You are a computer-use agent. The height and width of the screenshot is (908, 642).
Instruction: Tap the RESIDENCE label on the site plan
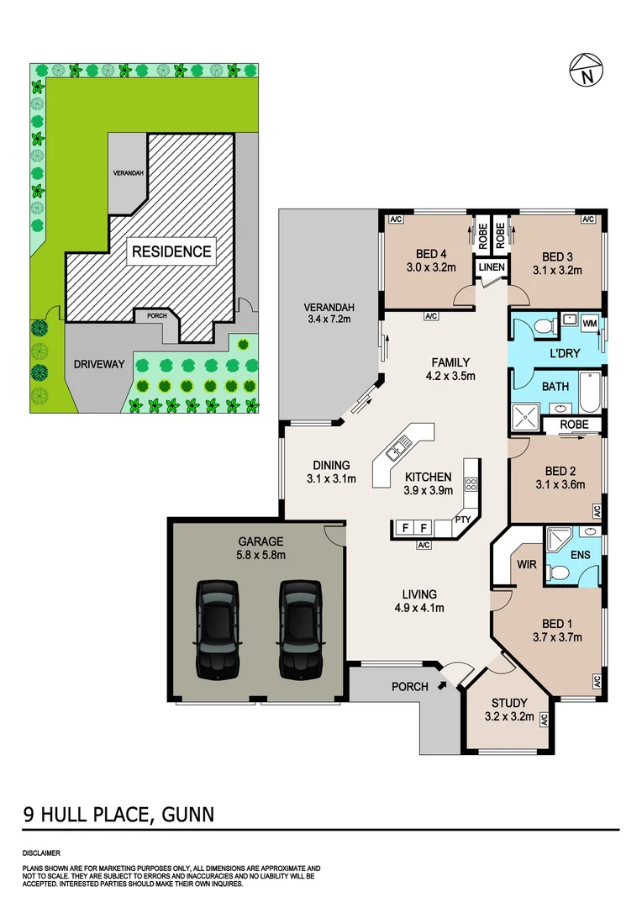click(x=170, y=251)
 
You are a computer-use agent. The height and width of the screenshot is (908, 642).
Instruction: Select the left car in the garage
click(x=218, y=626)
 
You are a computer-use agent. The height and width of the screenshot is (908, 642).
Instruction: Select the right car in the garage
click(x=300, y=626)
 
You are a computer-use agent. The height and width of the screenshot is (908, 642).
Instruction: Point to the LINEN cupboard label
click(x=492, y=267)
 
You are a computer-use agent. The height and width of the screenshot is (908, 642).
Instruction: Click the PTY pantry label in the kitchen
click(x=463, y=520)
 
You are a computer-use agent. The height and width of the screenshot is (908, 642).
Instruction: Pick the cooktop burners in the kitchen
click(x=471, y=483)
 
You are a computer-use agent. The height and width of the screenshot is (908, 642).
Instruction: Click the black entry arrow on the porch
click(x=443, y=686)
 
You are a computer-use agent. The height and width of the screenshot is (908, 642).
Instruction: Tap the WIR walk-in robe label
click(x=527, y=564)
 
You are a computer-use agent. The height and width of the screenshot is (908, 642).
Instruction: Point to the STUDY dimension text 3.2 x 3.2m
click(x=509, y=717)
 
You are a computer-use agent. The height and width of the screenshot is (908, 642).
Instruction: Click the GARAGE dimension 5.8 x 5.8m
click(x=260, y=555)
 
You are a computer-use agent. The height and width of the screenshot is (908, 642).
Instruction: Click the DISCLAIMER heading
click(x=40, y=853)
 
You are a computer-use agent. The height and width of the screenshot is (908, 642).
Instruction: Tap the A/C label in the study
click(x=544, y=720)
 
